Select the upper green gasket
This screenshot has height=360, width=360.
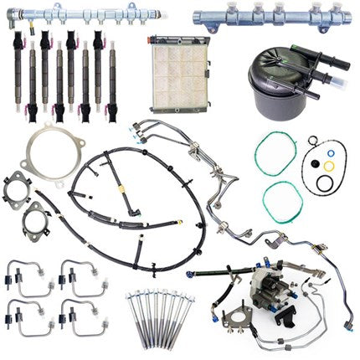280,152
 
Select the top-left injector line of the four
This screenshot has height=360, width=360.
30,273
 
